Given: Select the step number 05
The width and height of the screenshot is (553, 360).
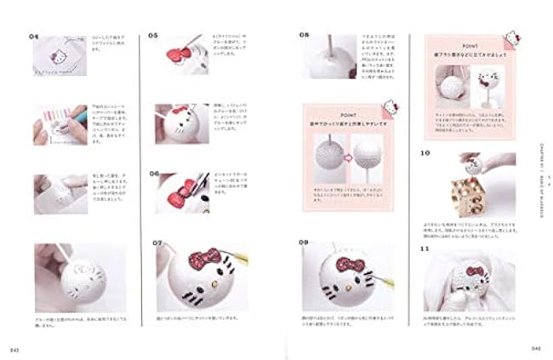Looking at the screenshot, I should coord(154,37).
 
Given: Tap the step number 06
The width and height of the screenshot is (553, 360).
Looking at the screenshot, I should coord(154,174).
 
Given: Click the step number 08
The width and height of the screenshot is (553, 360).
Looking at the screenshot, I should coord(304,36).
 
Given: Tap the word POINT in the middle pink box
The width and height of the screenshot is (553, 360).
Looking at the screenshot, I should coord(345,113).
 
